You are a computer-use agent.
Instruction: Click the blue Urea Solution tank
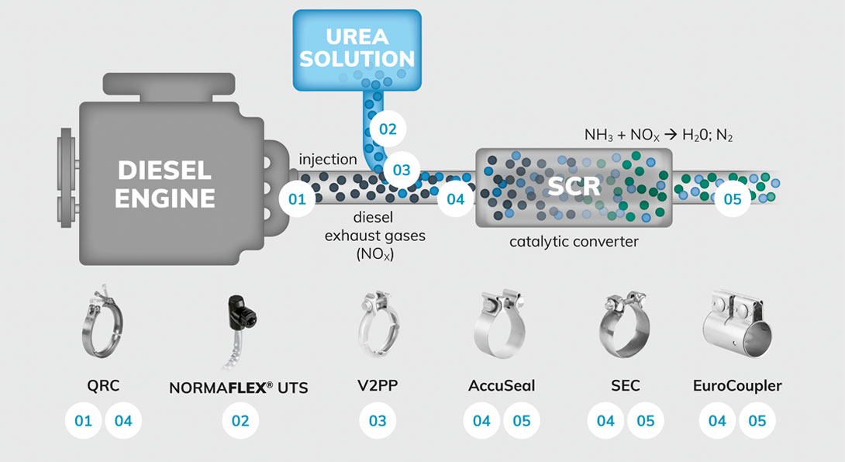point(357,50)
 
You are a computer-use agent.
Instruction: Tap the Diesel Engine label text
point(165,184)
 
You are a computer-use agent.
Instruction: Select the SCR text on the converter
point(574,187)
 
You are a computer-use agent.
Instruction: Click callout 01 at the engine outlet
point(297,199)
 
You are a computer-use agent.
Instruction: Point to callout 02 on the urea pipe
point(388,129)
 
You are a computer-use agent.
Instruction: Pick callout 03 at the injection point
point(402,170)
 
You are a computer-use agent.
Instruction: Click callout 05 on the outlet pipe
point(733,199)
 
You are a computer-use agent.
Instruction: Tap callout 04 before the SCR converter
point(455,199)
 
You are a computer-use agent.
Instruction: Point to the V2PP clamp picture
point(378,323)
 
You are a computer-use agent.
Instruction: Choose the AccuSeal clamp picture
point(499,324)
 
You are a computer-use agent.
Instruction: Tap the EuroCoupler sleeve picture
point(737,323)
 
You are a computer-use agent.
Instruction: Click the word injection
point(328,160)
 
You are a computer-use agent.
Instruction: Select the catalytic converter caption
point(574,242)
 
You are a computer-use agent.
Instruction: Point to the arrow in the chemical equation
point(670,135)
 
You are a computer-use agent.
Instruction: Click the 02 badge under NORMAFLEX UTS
point(240,420)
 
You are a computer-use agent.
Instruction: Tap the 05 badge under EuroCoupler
point(757,420)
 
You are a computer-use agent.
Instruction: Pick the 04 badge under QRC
point(123,420)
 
